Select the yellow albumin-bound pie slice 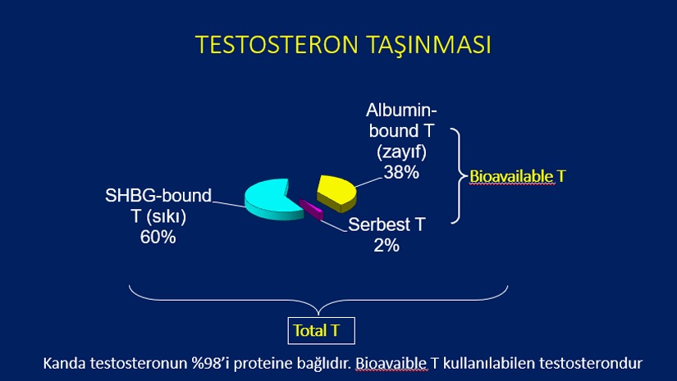(336, 193)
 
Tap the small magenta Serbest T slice (311, 209)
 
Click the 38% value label (401, 172)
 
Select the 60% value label (158, 237)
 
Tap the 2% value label (387, 245)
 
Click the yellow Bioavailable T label (517, 176)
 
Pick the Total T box (321, 330)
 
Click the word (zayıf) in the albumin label (401, 152)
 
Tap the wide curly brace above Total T (318, 300)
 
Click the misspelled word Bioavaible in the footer (391, 363)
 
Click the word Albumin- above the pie (401, 111)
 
